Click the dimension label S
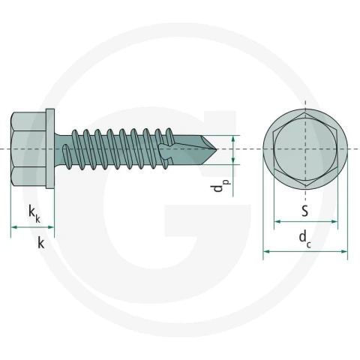point(304,211)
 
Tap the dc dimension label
point(305,238)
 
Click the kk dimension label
point(34,214)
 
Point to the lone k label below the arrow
point(41,242)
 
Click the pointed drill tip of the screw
point(216,149)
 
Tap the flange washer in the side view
point(50,148)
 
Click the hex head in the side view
point(28,148)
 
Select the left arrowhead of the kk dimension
point(14,227)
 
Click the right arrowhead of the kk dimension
point(51,227)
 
